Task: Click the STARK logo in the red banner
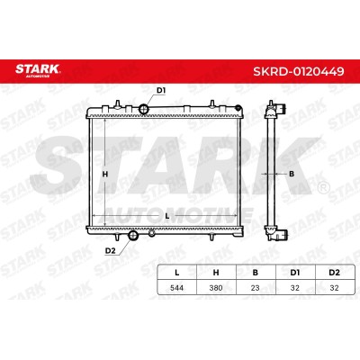coord(38,70)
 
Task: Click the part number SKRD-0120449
coord(299,71)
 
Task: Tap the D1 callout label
coord(161,90)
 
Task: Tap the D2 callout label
coord(111,251)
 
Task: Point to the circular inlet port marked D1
coord(144,109)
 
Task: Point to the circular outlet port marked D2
coord(132,235)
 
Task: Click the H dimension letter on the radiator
coord(105,174)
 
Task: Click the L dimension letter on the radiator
coord(167,216)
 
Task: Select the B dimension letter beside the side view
coord(292,174)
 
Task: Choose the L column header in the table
coord(177,273)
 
